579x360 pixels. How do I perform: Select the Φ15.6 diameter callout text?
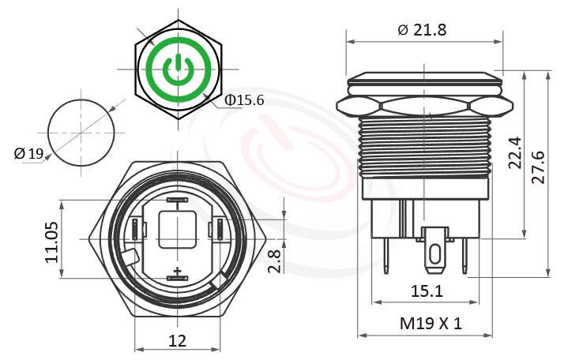244,101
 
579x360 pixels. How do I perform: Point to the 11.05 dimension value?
52,242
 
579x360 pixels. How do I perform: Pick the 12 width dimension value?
178,340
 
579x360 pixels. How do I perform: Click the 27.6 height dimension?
540,166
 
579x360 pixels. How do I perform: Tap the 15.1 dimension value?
426,291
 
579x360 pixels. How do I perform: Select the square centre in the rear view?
177,230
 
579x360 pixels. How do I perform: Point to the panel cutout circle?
81,132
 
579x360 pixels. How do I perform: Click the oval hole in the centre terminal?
434,255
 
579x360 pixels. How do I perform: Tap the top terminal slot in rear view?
177,201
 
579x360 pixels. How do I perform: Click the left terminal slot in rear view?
139,230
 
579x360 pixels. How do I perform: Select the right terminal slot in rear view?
215,230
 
